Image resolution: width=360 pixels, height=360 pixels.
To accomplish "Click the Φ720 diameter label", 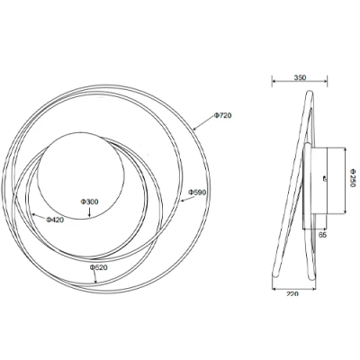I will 223,117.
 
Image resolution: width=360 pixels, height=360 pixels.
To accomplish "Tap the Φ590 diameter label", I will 198,193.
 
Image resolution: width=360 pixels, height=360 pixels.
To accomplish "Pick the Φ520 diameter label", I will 99,268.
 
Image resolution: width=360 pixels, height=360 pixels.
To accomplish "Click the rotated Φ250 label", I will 353,180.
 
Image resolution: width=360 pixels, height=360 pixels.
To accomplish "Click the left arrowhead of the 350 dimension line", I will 274,84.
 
